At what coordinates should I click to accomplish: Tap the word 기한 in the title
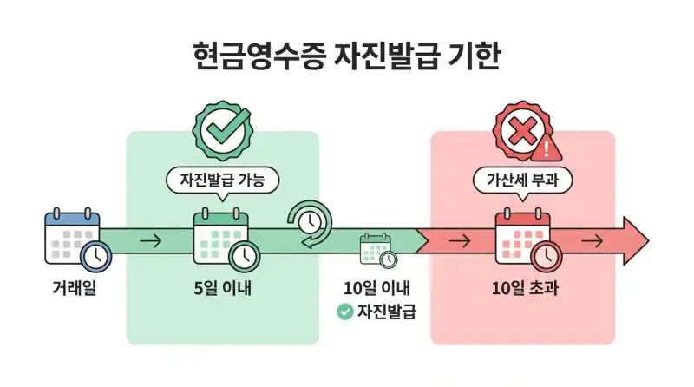point(474,58)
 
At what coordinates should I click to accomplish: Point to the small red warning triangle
point(547,150)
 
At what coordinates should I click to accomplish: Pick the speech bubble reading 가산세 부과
point(521,181)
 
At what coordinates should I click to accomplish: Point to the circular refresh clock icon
point(309,222)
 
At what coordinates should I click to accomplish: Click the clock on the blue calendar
point(95,256)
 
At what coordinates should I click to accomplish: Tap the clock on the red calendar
point(546,255)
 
